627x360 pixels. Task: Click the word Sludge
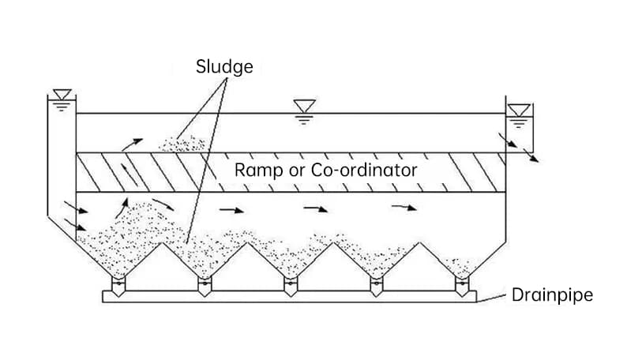coord(224,66)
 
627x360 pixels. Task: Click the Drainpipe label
coord(552,295)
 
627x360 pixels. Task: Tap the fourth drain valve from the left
coord(376,285)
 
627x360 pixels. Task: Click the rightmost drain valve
coord(461,285)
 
